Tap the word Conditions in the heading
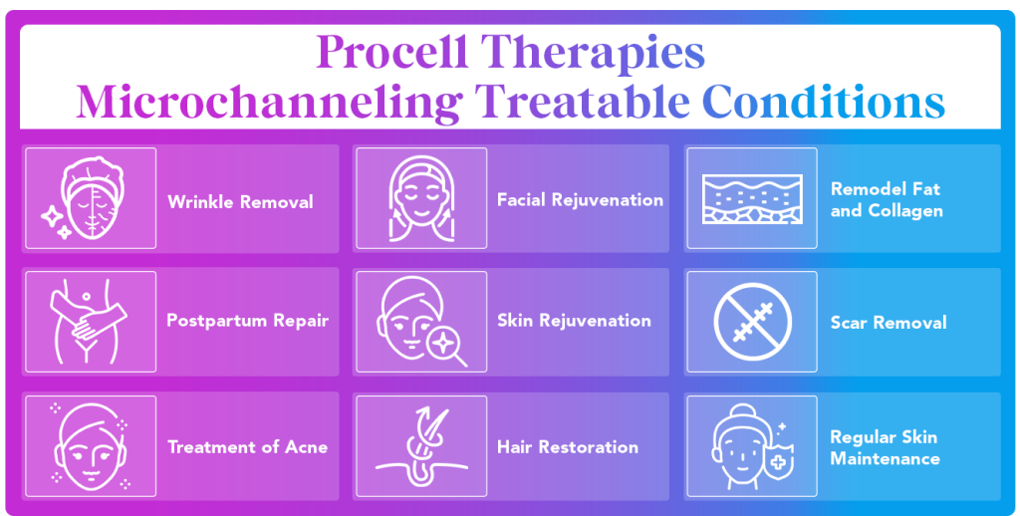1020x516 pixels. click(823, 103)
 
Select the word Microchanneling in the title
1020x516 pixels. click(269, 103)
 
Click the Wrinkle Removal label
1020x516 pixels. click(240, 201)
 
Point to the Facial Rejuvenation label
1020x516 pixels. click(580, 200)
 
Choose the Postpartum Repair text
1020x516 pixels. click(247, 321)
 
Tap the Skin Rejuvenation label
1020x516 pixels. click(574, 321)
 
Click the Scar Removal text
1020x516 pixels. click(888, 322)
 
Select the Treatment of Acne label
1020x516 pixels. click(247, 447)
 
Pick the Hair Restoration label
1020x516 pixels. click(567, 447)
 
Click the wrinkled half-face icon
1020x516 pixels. click(93, 198)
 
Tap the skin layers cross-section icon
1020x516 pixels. click(752, 198)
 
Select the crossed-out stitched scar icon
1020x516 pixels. click(752, 322)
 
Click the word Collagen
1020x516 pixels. click(902, 211)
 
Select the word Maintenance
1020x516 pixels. click(885, 459)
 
